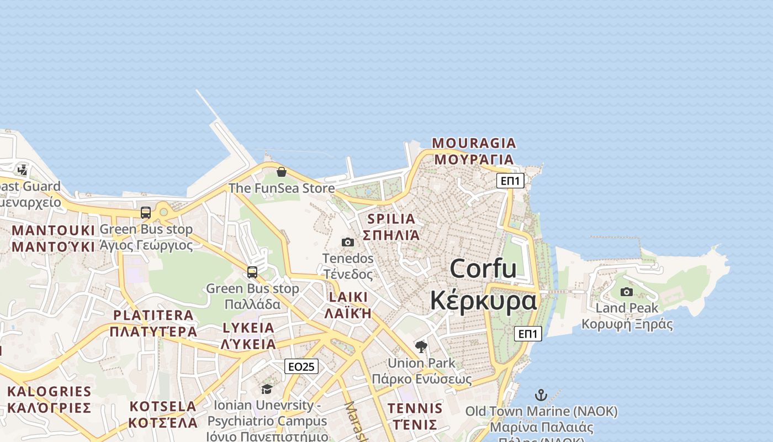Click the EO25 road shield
[301, 366]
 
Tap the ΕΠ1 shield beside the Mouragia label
[510, 181]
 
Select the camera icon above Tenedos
[348, 242]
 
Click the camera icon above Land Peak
[627, 292]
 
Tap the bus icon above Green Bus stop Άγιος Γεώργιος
[146, 213]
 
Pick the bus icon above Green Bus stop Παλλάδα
[252, 272]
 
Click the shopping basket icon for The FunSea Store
[282, 172]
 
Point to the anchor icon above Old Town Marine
[541, 395]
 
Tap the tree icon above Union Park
[421, 347]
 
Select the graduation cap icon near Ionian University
[267, 390]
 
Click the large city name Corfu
[483, 269]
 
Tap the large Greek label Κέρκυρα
[483, 301]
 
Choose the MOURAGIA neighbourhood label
[474, 143]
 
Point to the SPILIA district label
[391, 219]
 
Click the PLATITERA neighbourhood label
[153, 315]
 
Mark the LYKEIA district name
[248, 328]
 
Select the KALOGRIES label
[49, 392]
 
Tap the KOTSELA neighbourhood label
[163, 407]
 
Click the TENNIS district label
[415, 409]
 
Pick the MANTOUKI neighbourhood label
[54, 230]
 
